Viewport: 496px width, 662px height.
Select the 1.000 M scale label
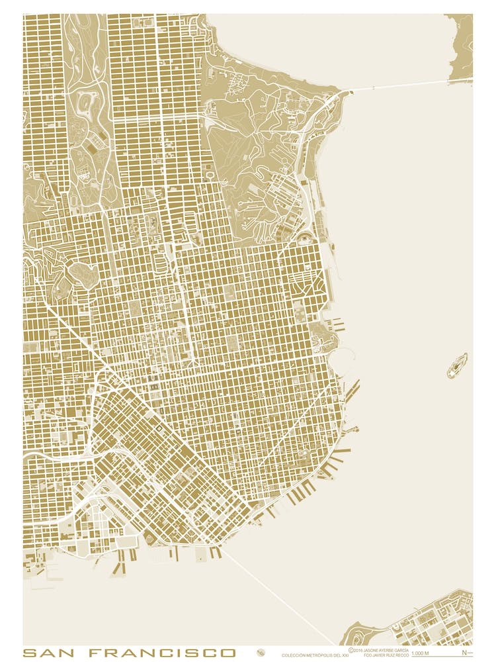(421, 654)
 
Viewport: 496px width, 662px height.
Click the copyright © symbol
(351, 651)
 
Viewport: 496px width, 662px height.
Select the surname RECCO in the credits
(400, 655)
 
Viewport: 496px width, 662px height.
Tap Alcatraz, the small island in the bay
(457, 365)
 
